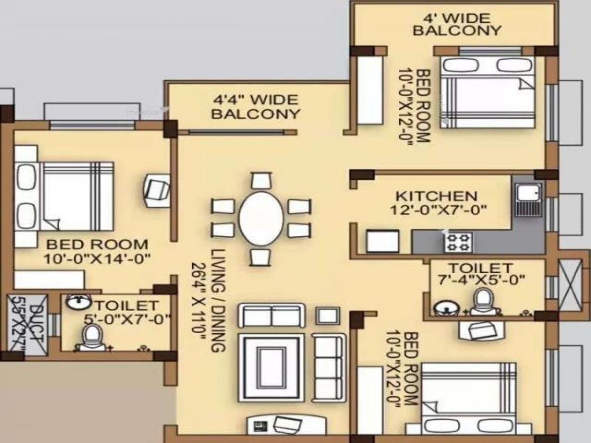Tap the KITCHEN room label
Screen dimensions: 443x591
436,196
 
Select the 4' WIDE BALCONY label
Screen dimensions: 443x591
457,25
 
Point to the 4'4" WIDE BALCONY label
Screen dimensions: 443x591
255,107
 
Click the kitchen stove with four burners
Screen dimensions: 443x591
459,241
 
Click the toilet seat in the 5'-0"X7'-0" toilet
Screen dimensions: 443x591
91,338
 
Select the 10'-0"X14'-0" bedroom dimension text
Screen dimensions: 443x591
97,258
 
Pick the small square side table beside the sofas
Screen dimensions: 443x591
327,315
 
